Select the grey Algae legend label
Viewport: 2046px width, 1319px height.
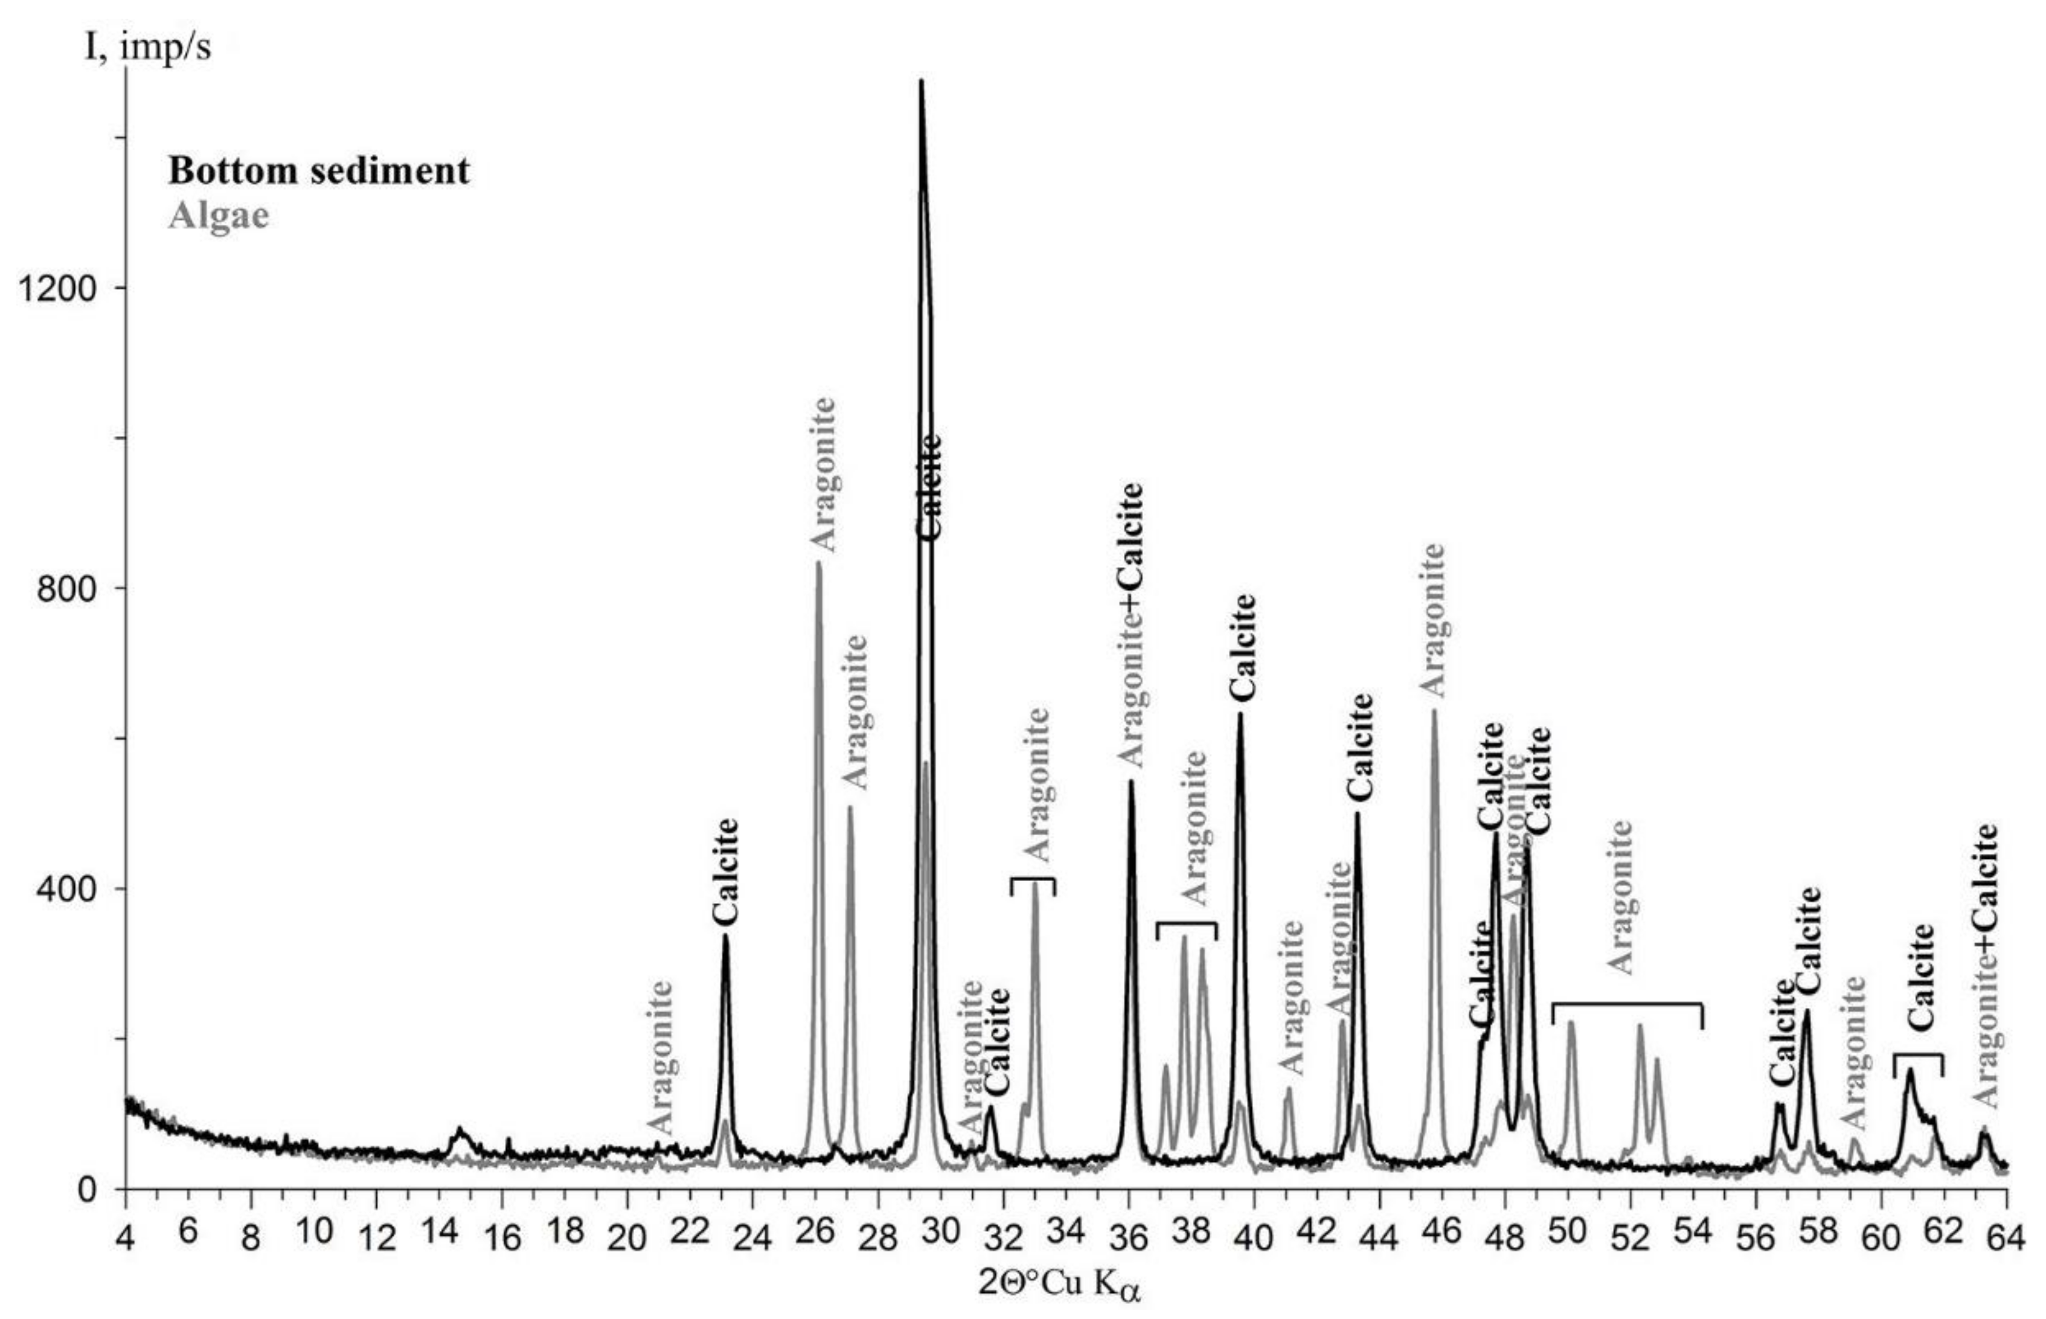pyautogui.click(x=219, y=215)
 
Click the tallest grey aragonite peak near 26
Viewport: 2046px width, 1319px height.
pyautogui.click(x=818, y=563)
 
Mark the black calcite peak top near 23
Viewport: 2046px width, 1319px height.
pyautogui.click(x=725, y=935)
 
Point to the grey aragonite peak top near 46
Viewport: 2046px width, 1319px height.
pyautogui.click(x=1434, y=711)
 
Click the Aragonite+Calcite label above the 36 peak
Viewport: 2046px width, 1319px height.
pyautogui.click(x=1130, y=625)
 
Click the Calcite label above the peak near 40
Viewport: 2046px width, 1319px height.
pyautogui.click(x=1242, y=647)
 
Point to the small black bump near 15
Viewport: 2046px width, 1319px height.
pyautogui.click(x=460, y=1133)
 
